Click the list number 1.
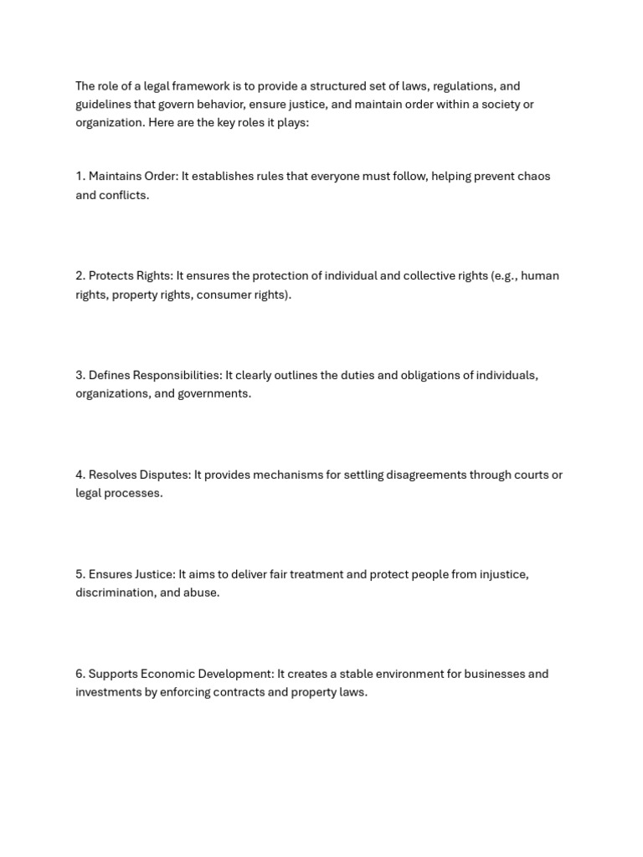pos(80,177)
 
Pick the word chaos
pos(533,177)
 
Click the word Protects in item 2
pos(111,276)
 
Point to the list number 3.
pos(80,376)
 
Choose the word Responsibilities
pos(177,376)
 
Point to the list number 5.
pos(80,575)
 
